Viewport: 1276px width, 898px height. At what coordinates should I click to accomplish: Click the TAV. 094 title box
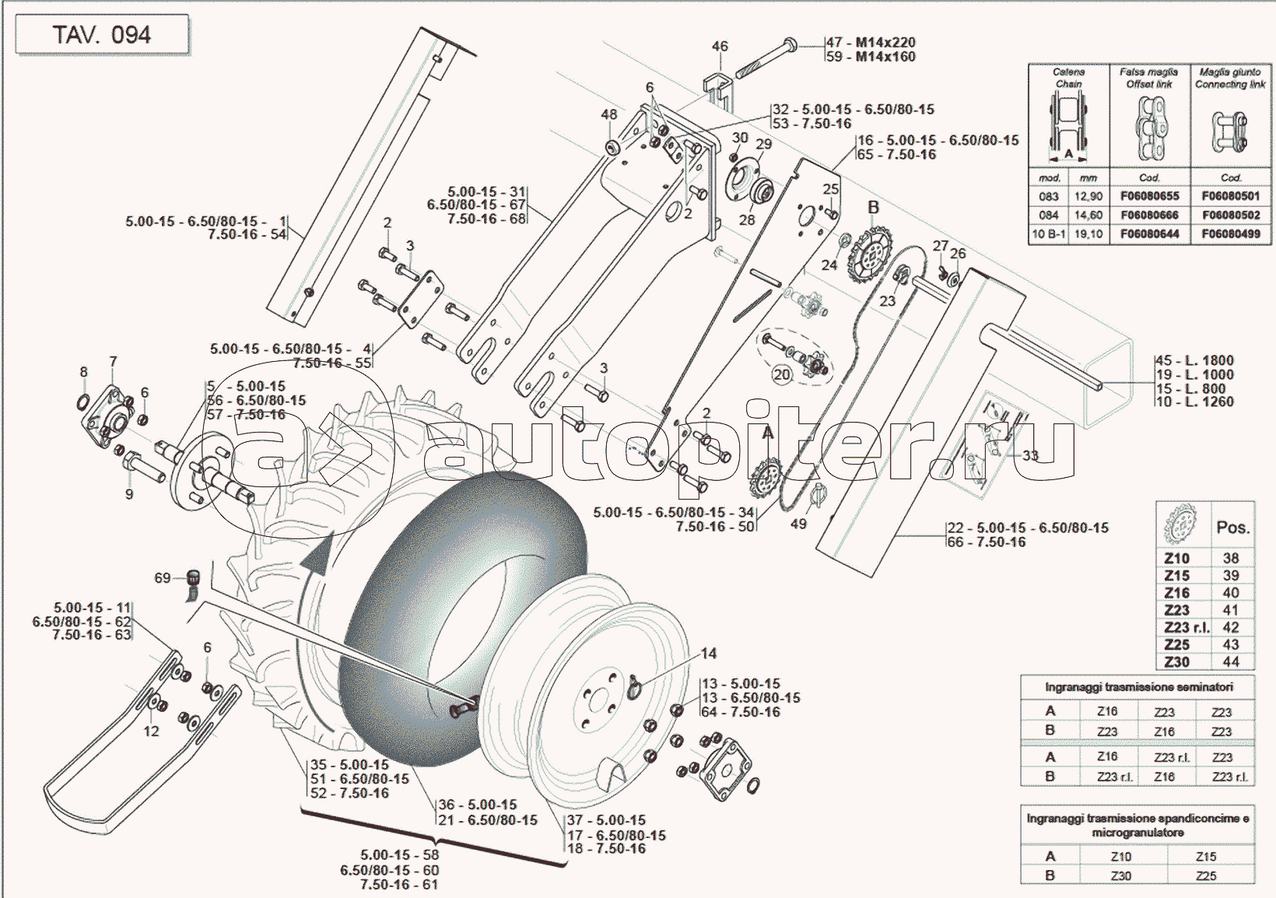(101, 35)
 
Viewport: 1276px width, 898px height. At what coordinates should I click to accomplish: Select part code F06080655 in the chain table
(1149, 196)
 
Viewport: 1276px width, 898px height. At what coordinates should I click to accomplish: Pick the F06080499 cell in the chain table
(1230, 233)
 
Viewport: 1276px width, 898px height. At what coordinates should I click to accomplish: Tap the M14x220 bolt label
(885, 42)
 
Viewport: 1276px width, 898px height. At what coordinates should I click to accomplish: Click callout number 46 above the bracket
(720, 47)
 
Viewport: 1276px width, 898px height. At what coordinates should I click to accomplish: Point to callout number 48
(608, 114)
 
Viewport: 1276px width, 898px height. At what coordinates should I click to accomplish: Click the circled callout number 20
(781, 374)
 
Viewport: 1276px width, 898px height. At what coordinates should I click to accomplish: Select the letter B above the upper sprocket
(873, 207)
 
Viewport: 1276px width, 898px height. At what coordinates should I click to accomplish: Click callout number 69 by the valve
(162, 577)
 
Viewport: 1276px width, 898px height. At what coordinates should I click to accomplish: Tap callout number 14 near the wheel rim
(708, 654)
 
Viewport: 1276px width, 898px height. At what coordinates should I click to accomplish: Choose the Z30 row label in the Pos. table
(1176, 662)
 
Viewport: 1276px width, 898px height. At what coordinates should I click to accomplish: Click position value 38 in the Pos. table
(1230, 558)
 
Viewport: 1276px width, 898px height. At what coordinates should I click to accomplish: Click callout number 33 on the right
(1030, 455)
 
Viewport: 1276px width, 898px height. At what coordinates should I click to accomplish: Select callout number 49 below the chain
(798, 524)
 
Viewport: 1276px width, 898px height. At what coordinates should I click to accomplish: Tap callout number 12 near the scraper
(151, 731)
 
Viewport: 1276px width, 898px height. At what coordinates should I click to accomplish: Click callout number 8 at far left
(84, 373)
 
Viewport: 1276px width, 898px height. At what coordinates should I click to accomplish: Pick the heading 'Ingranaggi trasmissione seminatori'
(1138, 687)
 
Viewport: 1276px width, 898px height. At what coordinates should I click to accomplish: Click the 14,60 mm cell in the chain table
(1088, 215)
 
